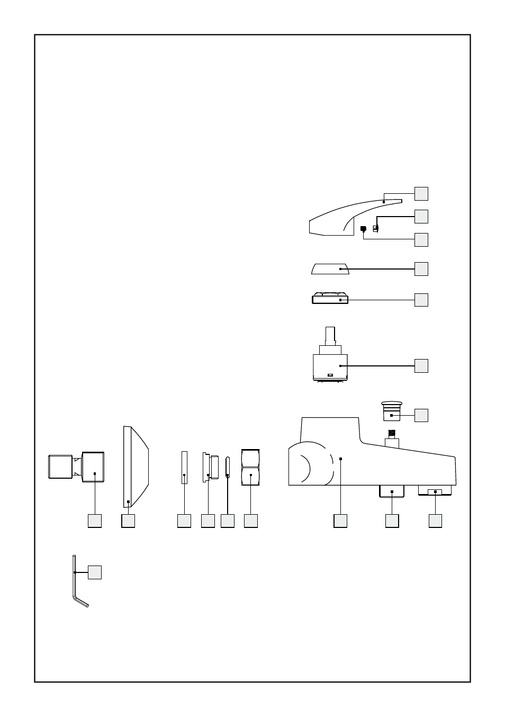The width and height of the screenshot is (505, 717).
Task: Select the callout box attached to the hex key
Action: (x=95, y=572)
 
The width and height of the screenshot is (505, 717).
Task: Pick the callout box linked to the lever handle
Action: (x=421, y=194)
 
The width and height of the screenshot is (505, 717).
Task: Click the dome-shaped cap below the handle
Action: (x=329, y=269)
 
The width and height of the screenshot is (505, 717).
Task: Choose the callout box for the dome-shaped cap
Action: (x=421, y=269)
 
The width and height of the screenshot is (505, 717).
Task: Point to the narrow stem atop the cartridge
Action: (x=329, y=336)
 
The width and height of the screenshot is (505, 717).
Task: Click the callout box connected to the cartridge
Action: (x=421, y=366)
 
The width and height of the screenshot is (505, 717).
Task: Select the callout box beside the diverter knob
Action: (x=421, y=415)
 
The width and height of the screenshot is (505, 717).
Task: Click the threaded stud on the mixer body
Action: (x=392, y=434)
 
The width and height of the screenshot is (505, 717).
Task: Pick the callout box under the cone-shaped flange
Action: (x=128, y=521)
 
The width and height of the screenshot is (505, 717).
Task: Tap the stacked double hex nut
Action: (x=250, y=468)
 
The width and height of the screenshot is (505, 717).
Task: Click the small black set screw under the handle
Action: (x=363, y=229)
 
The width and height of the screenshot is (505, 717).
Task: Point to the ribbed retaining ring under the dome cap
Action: (x=329, y=299)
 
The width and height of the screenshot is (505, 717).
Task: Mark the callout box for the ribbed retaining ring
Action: (x=421, y=300)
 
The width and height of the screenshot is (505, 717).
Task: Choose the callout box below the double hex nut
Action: (x=251, y=521)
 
